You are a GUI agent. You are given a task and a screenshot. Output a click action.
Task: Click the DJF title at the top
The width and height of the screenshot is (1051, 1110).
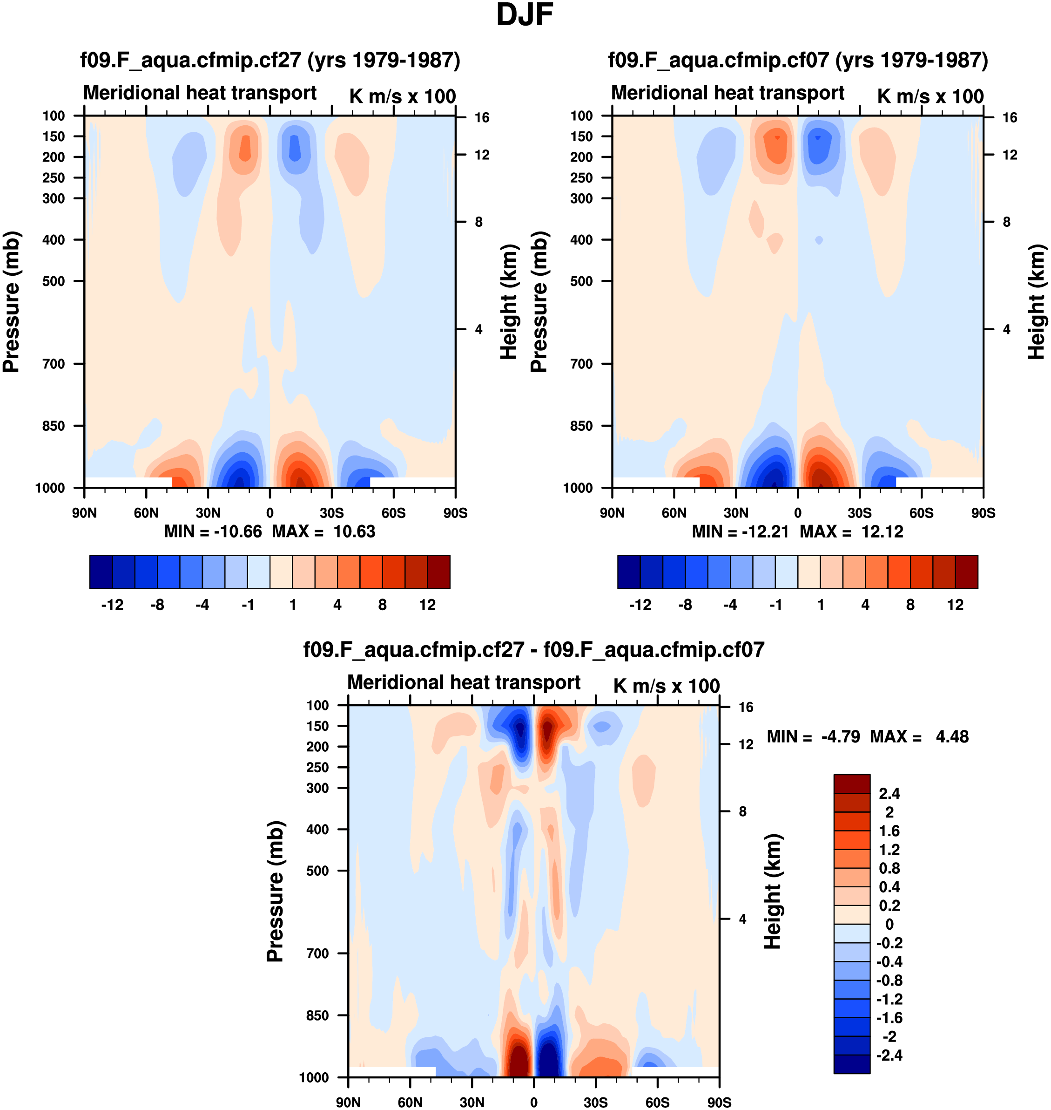point(525,15)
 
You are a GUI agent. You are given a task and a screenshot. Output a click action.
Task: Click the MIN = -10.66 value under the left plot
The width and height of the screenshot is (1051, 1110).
point(213,531)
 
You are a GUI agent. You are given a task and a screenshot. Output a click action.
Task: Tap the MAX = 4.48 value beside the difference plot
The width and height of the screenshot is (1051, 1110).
point(919,736)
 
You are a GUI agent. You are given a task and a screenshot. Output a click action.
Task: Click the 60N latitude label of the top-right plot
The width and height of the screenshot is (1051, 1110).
point(674,513)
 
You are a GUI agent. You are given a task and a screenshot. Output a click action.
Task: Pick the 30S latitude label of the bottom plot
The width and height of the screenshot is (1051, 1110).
point(595,1102)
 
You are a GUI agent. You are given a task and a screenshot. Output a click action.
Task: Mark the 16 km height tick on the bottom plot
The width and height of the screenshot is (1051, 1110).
point(746,707)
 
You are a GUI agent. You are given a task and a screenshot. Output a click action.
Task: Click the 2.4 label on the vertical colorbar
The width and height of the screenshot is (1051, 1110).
point(889,793)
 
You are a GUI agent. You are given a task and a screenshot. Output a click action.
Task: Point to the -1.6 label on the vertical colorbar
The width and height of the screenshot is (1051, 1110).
point(889,1017)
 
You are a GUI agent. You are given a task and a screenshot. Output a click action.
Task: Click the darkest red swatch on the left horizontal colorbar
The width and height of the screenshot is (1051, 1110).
point(438,572)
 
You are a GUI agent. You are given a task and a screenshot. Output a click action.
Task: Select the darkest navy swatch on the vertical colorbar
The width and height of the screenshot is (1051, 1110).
point(852,1064)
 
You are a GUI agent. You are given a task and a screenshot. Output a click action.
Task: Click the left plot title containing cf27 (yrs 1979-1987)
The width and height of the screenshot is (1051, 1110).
point(270,60)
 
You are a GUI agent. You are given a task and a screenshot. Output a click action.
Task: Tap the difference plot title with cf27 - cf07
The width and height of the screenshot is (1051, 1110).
point(533,649)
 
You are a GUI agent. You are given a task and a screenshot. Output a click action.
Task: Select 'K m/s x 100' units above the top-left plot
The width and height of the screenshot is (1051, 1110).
point(402,96)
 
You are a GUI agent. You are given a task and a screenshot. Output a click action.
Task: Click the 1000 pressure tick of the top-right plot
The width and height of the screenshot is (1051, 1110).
point(578,488)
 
